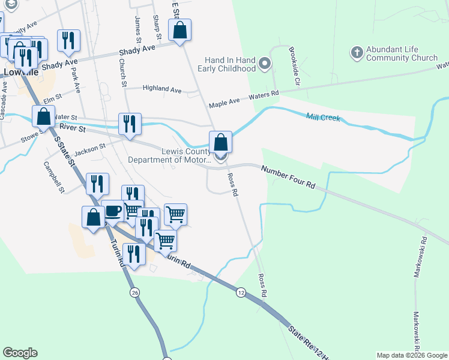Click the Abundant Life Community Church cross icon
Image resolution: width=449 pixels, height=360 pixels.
coord(357,52)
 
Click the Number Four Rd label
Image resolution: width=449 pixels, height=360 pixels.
coord(289,178)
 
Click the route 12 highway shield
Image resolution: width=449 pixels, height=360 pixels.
coord(241,292)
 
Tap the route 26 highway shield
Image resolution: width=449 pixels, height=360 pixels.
coord(134,292)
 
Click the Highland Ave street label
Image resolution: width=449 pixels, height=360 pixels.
coord(161,89)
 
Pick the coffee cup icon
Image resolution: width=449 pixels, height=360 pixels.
coord(112,211)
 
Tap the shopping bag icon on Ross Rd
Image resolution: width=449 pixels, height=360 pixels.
coord(220,143)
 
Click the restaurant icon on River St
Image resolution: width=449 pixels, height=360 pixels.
coord(130,124)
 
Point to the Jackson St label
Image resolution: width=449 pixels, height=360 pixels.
coord(90,146)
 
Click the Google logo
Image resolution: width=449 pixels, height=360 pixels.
coord(20,352)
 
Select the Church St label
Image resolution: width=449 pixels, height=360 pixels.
coord(122,72)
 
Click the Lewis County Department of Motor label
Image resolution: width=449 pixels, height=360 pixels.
coord(170,155)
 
